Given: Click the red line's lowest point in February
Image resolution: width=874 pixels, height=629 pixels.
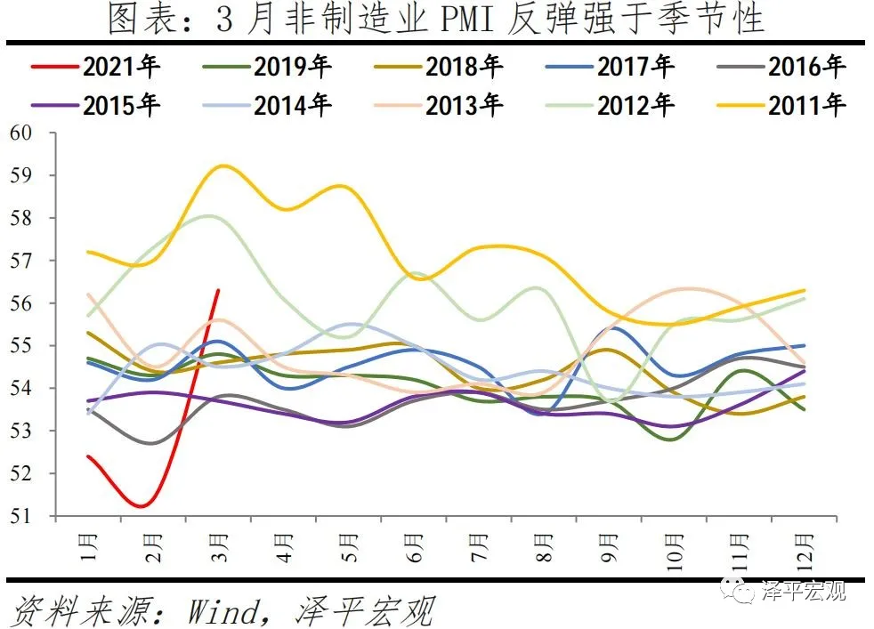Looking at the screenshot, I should (x=142, y=506).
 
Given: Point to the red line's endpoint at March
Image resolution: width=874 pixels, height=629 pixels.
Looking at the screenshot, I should (x=219, y=290).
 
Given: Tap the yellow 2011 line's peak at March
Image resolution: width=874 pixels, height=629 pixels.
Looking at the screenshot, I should (x=221, y=165).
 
